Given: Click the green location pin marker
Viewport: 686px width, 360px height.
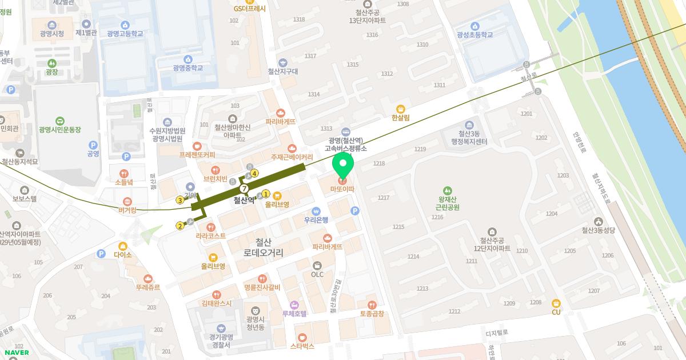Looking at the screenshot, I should (343, 165).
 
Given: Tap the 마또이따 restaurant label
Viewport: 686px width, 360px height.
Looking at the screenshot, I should (343, 189).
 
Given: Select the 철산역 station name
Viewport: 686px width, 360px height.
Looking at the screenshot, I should (244, 201).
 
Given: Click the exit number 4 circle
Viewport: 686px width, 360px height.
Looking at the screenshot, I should (254, 173).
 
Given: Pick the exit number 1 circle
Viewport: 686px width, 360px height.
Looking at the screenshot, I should (266, 194).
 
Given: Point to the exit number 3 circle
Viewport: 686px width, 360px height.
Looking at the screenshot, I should (180, 200).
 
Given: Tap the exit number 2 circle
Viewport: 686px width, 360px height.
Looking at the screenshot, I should (180, 226).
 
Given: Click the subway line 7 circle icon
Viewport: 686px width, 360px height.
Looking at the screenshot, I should (244, 188).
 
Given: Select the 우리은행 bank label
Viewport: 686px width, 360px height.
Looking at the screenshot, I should (316, 219).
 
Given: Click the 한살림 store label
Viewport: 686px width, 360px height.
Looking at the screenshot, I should (401, 117).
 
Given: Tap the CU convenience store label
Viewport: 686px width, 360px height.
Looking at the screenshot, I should (556, 311).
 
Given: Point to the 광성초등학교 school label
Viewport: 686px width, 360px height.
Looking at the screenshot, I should (474, 34).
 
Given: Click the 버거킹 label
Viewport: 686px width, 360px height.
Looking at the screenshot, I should (127, 210).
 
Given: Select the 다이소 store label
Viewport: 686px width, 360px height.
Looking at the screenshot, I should (123, 254).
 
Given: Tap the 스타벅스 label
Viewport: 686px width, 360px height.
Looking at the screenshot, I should (302, 346).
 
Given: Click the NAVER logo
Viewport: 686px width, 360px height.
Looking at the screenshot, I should (15, 353).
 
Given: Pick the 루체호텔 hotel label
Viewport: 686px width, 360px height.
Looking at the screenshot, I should (294, 313).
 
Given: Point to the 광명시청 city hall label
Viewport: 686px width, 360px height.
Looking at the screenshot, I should (52, 33).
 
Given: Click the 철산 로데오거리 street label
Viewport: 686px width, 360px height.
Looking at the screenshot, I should (263, 247).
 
